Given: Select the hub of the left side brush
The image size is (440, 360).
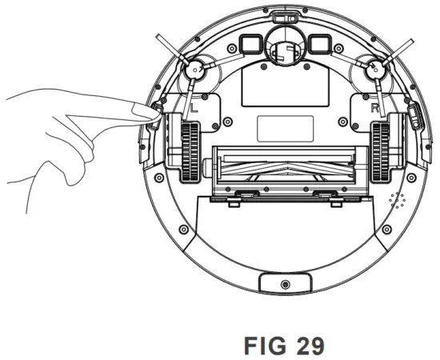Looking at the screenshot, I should [x=194, y=71].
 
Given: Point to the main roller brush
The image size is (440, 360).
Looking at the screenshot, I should [x=283, y=168].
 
